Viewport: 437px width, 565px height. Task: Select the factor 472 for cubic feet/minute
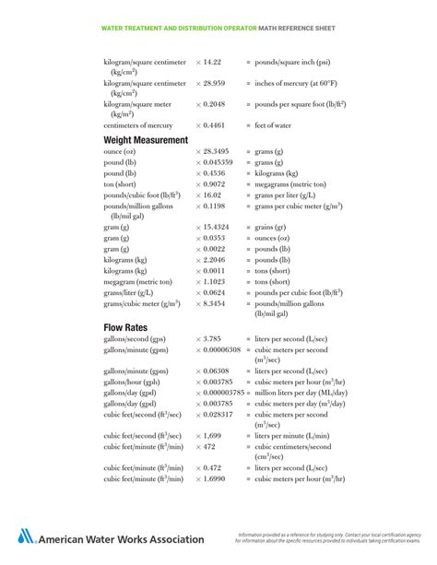click(x=208, y=446)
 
